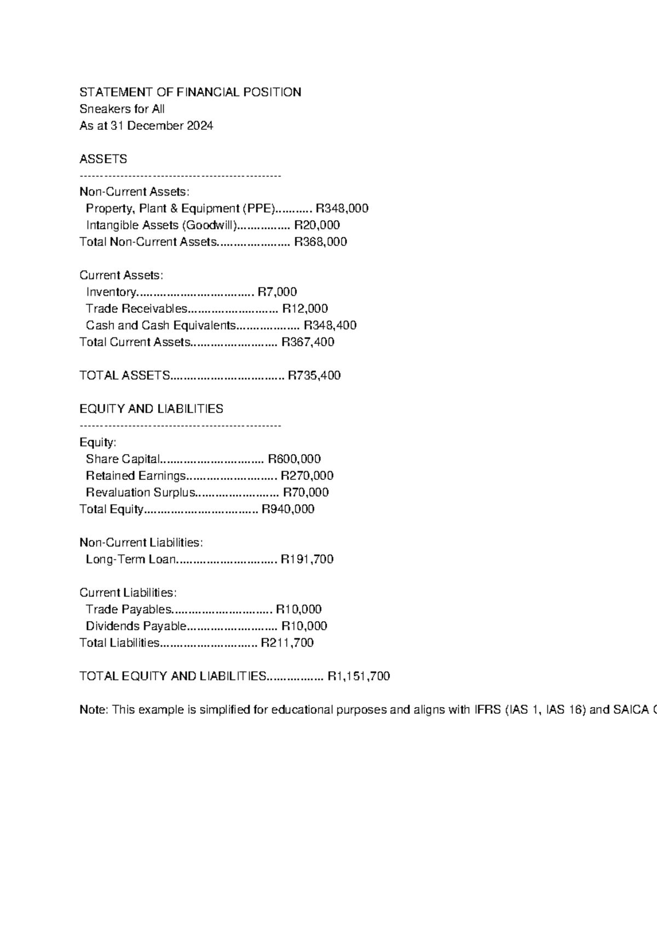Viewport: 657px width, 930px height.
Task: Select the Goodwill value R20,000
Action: pos(317,225)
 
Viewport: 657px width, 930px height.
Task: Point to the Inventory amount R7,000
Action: pos(277,292)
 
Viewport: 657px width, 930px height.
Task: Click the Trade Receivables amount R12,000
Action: pos(305,309)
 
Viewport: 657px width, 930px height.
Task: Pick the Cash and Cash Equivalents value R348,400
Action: pos(330,325)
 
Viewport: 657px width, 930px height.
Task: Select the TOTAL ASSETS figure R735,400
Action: pos(314,376)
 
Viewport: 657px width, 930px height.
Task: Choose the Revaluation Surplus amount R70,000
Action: pos(306,492)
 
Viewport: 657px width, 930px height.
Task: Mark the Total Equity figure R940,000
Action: pos(288,509)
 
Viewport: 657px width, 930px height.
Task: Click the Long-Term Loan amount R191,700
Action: pos(307,559)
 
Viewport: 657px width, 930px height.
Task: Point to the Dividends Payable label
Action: pos(136,626)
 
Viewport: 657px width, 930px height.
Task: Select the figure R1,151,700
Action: pos(359,676)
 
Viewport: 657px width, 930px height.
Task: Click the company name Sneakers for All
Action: pos(122,109)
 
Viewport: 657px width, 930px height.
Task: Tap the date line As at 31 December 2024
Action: pos(146,126)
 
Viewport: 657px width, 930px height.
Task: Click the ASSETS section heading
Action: pos(103,159)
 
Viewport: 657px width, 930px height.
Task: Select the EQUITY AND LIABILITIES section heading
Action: pos(151,409)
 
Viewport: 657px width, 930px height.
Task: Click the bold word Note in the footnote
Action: pos(93,710)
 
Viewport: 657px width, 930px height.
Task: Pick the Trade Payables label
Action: pos(129,610)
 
